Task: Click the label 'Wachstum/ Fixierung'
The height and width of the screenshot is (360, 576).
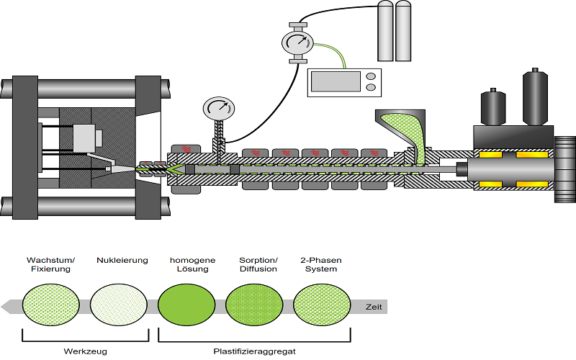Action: pos(48,264)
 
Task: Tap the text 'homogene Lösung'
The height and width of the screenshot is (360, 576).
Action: pos(189,264)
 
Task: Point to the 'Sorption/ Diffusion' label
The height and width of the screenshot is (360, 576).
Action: pos(258,264)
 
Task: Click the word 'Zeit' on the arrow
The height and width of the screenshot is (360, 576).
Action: pos(373,307)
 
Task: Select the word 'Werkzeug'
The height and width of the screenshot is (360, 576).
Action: pos(85,351)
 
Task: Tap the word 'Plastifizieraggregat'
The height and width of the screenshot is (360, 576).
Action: pos(254,351)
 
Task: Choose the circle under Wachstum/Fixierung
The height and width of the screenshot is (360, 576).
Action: pos(50,307)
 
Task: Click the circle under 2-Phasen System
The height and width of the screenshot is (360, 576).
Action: pos(322,307)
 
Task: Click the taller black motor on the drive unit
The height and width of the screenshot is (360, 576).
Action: pos(534,96)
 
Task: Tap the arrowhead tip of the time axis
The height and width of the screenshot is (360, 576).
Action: pos(6,307)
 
